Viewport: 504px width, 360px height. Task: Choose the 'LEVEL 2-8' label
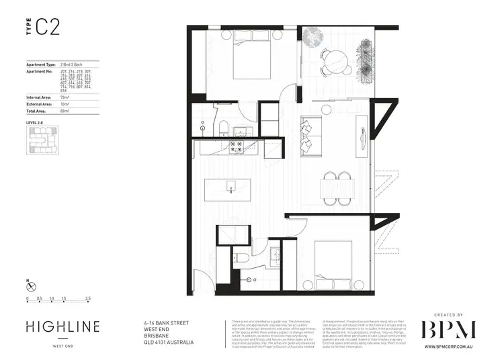pos(35,123)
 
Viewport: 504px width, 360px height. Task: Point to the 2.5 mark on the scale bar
pos(88,298)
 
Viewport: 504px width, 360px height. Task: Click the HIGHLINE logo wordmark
pos(62,327)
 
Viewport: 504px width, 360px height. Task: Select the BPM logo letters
pos(448,329)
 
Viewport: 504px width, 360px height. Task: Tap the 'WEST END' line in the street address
pos(156,329)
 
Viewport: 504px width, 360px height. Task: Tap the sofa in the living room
pos(310,132)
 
